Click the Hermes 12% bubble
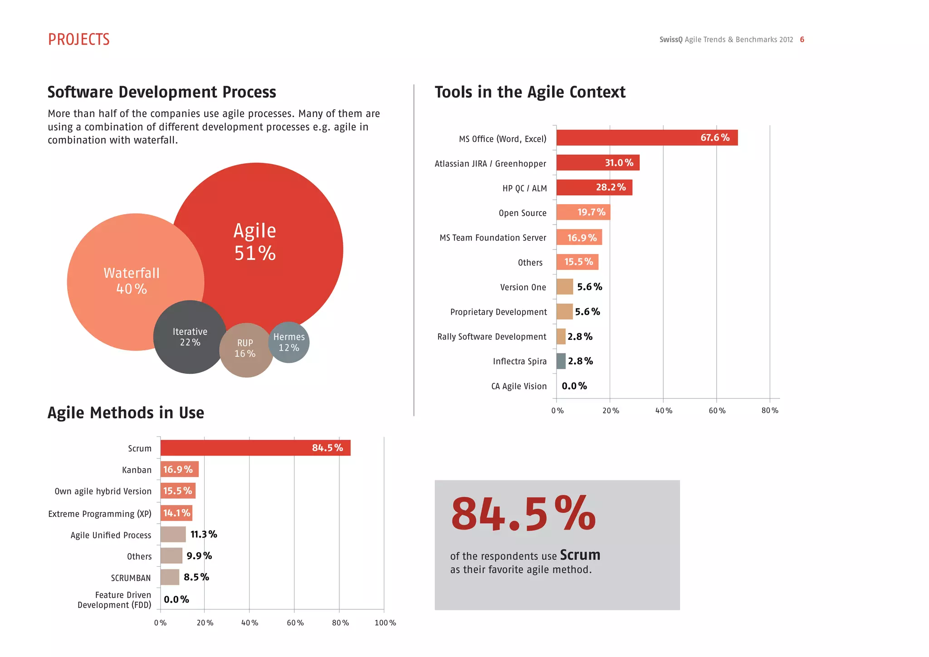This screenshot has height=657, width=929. pyautogui.click(x=289, y=342)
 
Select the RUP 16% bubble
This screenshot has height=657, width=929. pyautogui.click(x=246, y=349)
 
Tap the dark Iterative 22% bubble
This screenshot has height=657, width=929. pyautogui.click(x=190, y=337)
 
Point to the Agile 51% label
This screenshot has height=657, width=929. pyautogui.click(x=255, y=242)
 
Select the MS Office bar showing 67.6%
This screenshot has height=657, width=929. pyautogui.click(x=647, y=137)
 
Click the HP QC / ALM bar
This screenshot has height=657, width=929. pyautogui.click(x=594, y=187)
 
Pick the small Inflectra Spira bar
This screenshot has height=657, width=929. pyautogui.click(x=561, y=361)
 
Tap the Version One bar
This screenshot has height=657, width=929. pyautogui.click(x=565, y=287)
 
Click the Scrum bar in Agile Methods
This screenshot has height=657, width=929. pyautogui.click(x=255, y=448)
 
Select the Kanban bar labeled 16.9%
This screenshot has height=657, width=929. pyautogui.click(x=179, y=469)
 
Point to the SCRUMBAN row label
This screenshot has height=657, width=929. pyautogui.click(x=131, y=578)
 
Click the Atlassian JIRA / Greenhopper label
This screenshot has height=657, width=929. pyautogui.click(x=490, y=163)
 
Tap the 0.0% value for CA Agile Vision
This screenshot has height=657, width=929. pyautogui.click(x=574, y=386)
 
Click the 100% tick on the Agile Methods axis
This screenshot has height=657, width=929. pyautogui.click(x=385, y=623)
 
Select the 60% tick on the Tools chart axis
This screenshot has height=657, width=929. pyautogui.click(x=717, y=411)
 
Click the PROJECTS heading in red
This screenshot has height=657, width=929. pyautogui.click(x=79, y=39)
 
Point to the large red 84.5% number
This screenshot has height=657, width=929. pyautogui.click(x=523, y=514)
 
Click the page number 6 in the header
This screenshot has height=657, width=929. pyautogui.click(x=802, y=39)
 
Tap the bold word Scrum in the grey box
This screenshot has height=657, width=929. pyautogui.click(x=580, y=555)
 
